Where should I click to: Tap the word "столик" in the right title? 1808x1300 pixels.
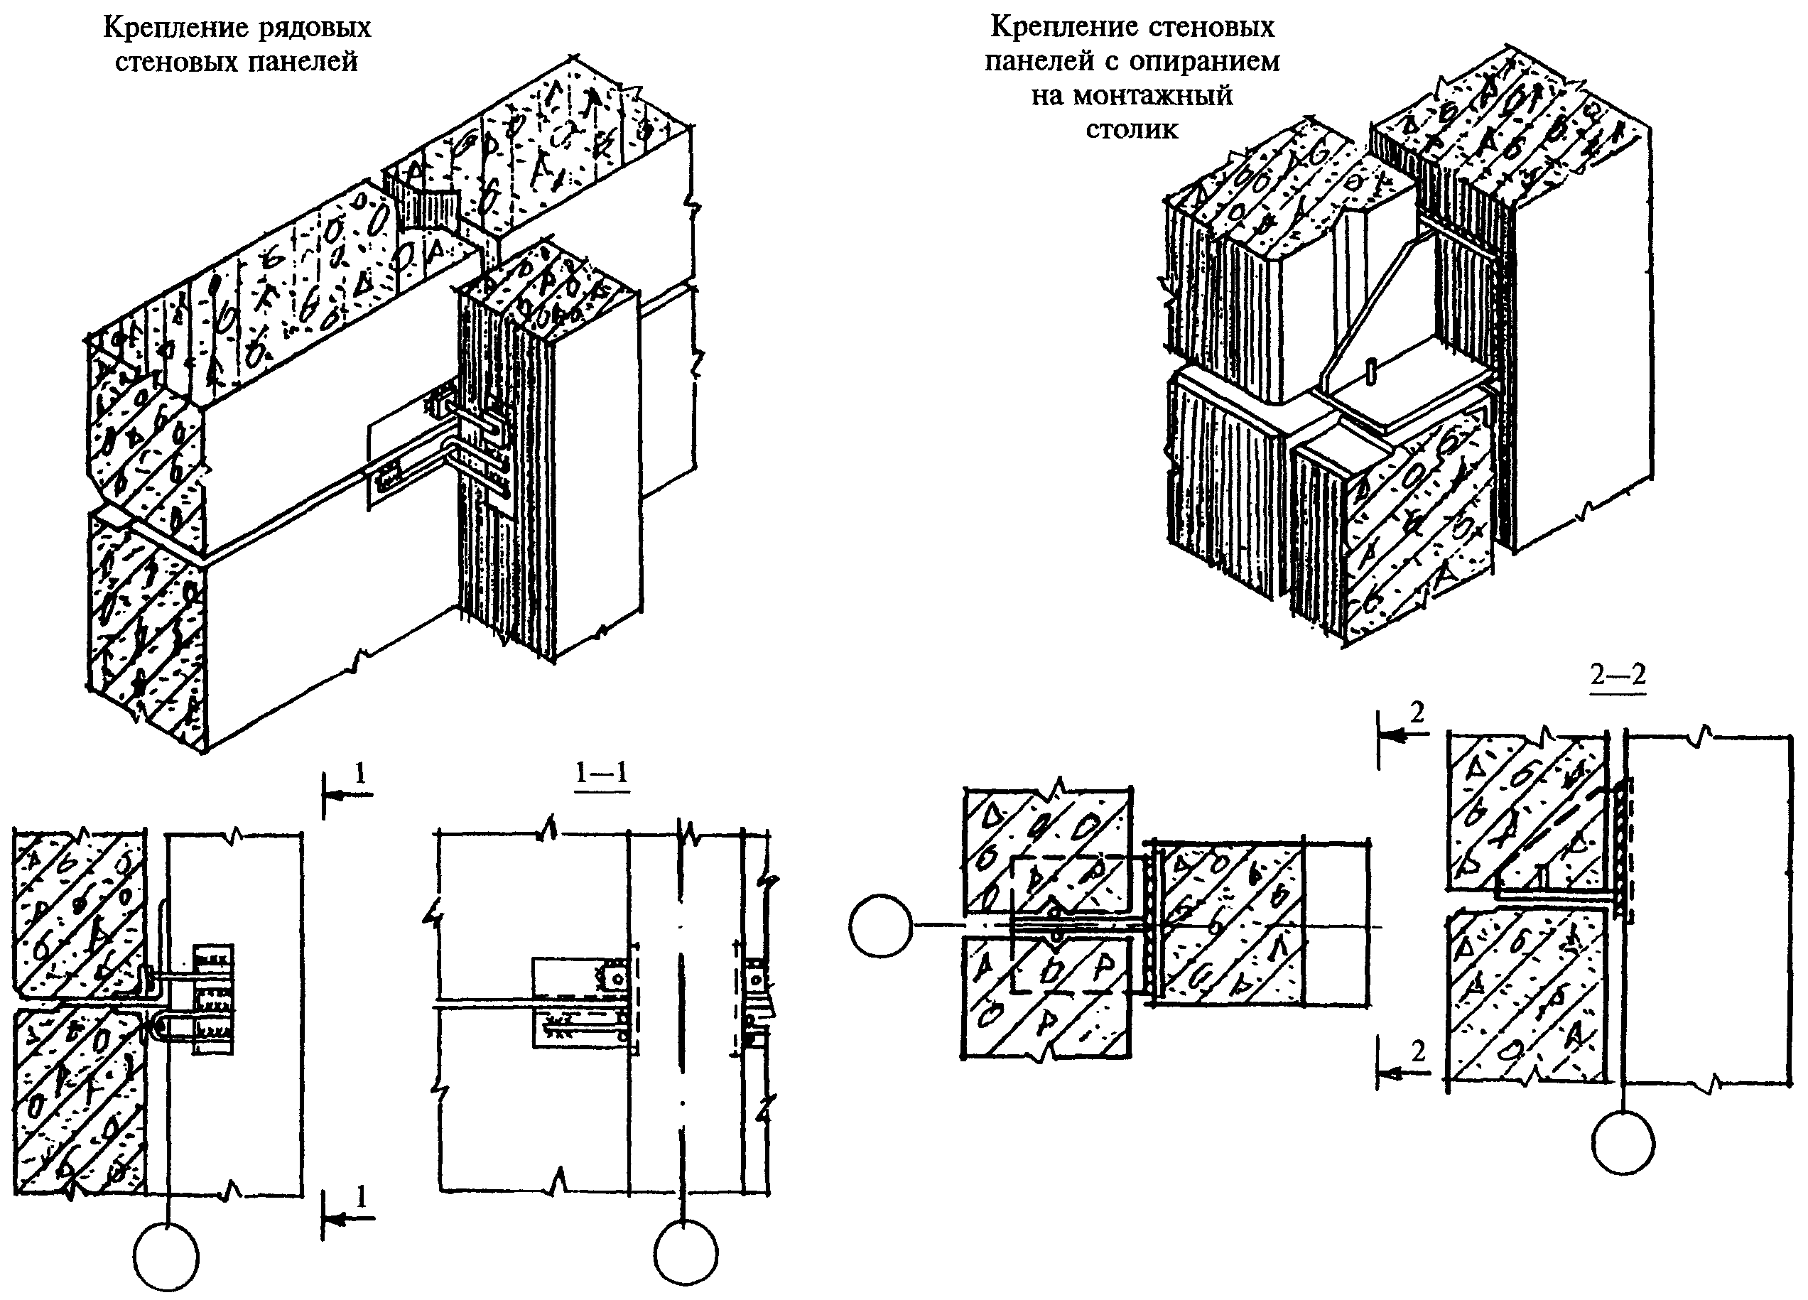coord(1131,129)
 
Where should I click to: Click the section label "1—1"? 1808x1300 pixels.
coord(602,772)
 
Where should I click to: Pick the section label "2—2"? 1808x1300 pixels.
coord(1618,675)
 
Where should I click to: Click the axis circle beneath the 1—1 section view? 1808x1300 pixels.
coord(686,1253)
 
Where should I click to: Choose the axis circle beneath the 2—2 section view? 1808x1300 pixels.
coord(1623,1143)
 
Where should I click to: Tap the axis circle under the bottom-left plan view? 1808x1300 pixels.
coord(166,1258)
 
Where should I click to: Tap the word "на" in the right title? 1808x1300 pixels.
coord(1049,95)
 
